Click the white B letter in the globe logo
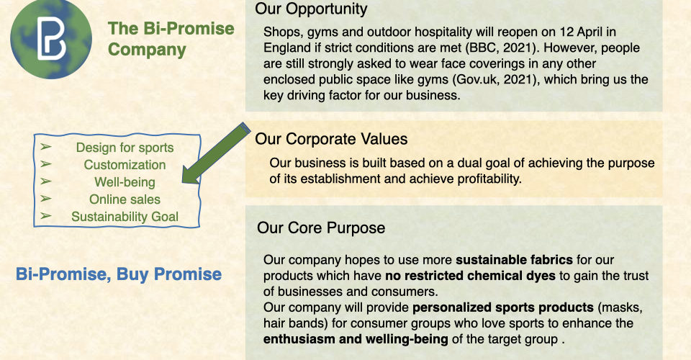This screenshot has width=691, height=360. tap(51, 38)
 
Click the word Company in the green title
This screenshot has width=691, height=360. tap(147, 50)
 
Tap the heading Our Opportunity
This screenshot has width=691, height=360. tap(311, 9)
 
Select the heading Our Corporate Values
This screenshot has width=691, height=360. tap(331, 139)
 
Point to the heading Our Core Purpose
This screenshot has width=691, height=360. tap(321, 228)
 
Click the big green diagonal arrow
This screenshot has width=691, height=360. tap(216, 153)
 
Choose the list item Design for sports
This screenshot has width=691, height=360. tap(125, 147)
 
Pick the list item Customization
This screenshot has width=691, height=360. tap(125, 165)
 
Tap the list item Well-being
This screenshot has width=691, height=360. tap(125, 182)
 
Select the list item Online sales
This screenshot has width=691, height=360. tap(125, 199)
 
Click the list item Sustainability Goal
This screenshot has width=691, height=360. tap(125, 216)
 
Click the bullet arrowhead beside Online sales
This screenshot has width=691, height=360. tap(46, 199)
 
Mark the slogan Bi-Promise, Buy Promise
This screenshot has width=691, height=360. tap(119, 274)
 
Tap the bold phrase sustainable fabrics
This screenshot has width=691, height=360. tap(514, 259)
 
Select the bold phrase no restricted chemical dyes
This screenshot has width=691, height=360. tap(470, 275)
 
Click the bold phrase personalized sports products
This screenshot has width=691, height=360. tap(503, 307)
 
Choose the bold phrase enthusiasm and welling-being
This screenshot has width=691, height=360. tap(356, 339)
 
